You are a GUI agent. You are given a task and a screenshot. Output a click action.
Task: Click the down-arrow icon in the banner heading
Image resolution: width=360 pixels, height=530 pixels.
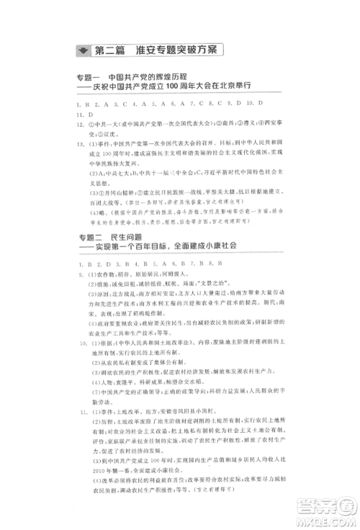[x=87, y=50]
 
